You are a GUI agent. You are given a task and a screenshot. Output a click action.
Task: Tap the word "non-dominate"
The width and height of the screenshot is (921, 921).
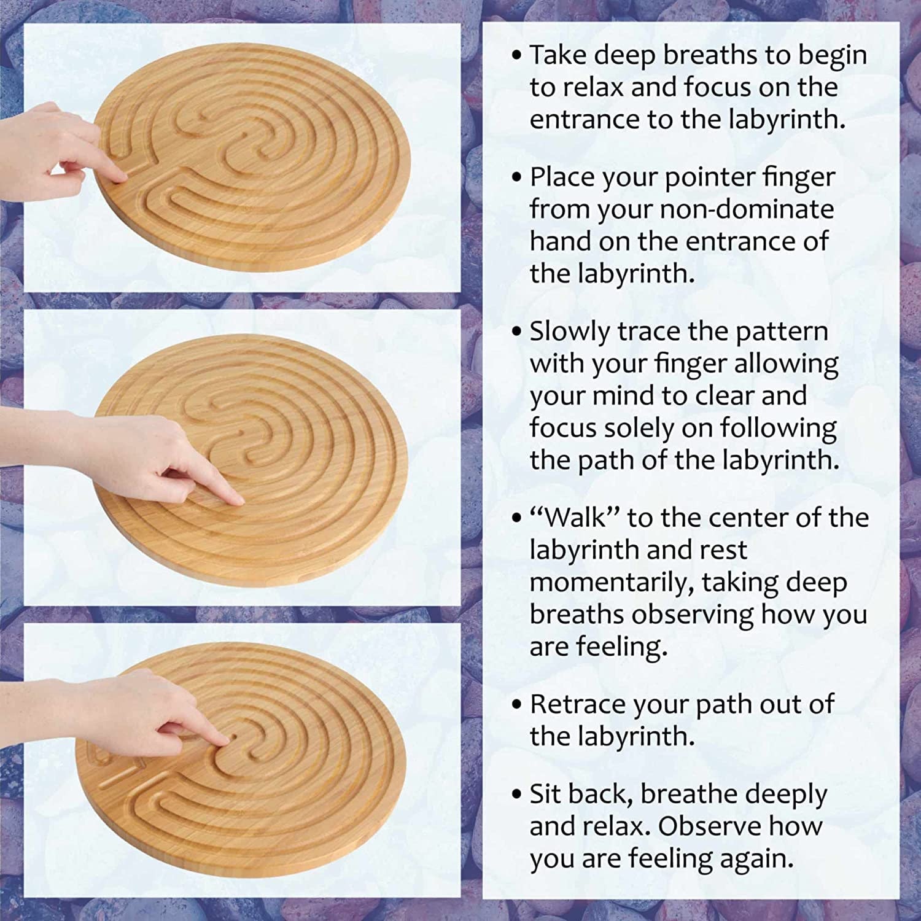point(747,210)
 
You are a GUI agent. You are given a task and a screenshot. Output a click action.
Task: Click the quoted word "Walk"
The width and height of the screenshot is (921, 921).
point(574,518)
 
